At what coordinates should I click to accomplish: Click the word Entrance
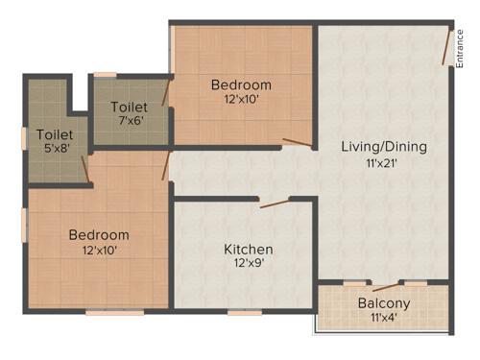[x=460, y=46]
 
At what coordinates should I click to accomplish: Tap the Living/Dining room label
[x=384, y=147]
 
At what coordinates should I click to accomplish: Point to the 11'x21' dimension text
[x=381, y=163]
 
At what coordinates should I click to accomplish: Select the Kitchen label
[x=249, y=250]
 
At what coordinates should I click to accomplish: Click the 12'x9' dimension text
[x=248, y=265]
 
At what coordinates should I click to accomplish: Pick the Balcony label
[x=384, y=303]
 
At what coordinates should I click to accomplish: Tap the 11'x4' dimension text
[x=384, y=319]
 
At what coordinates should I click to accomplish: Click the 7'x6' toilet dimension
[x=130, y=121]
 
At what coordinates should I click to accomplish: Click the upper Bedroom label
[x=241, y=84]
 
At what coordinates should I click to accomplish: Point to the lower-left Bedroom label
[x=98, y=235]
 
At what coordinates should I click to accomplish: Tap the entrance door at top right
[x=447, y=47]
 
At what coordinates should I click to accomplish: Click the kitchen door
[x=276, y=202]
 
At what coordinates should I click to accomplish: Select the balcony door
[x=386, y=285]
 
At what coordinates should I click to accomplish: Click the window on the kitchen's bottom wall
[x=245, y=311]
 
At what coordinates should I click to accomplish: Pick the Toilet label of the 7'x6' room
[x=130, y=106]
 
